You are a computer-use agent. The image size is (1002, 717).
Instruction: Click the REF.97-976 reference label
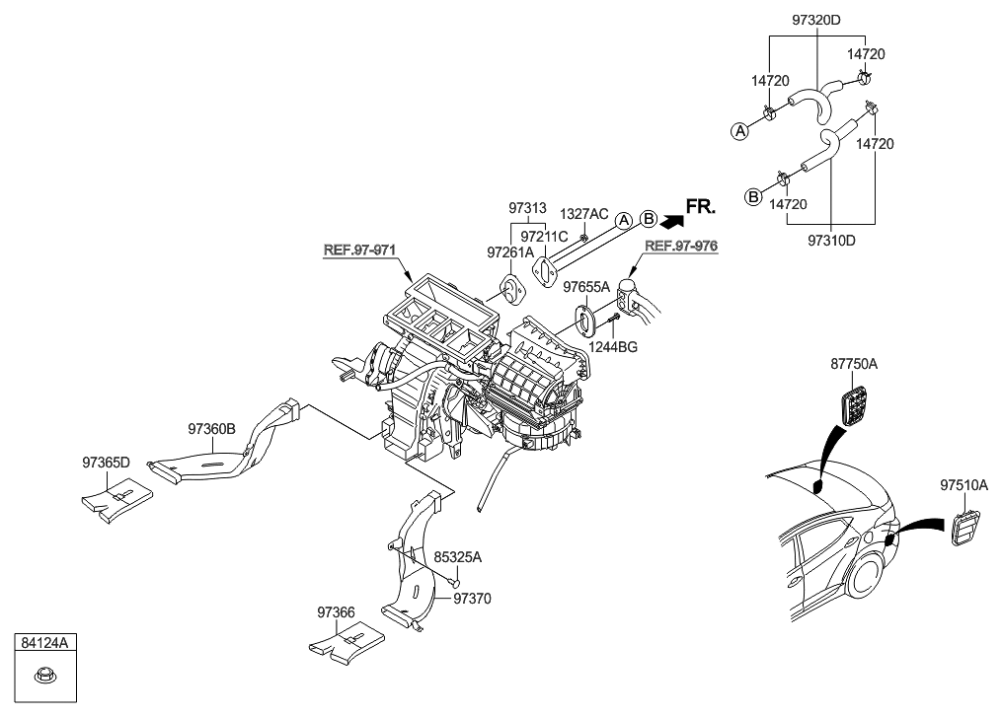coord(681,246)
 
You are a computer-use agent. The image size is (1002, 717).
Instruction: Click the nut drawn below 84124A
coord(42,676)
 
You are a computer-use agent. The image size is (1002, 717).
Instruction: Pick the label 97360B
coord(212,429)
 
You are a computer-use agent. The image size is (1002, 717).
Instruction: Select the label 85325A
coord(458,557)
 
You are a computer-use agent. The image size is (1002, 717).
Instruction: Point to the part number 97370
coord(472,598)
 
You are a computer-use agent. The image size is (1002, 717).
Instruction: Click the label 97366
coord(336,611)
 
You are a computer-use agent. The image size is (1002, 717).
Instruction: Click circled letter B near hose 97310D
coord(752,196)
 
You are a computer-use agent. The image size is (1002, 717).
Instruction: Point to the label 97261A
coord(509,253)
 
